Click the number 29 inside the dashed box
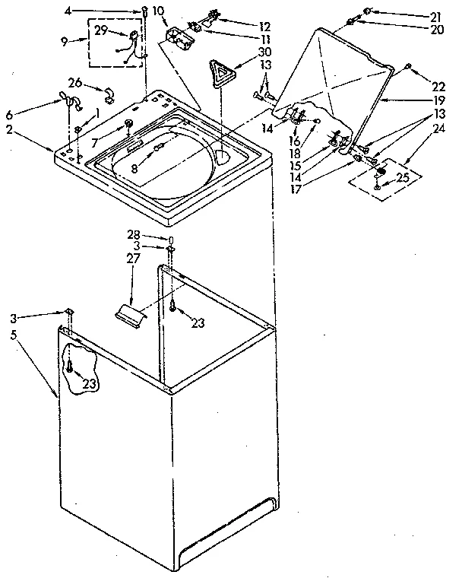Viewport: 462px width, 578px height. coord(100,30)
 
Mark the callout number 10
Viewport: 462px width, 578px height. coord(158,11)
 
